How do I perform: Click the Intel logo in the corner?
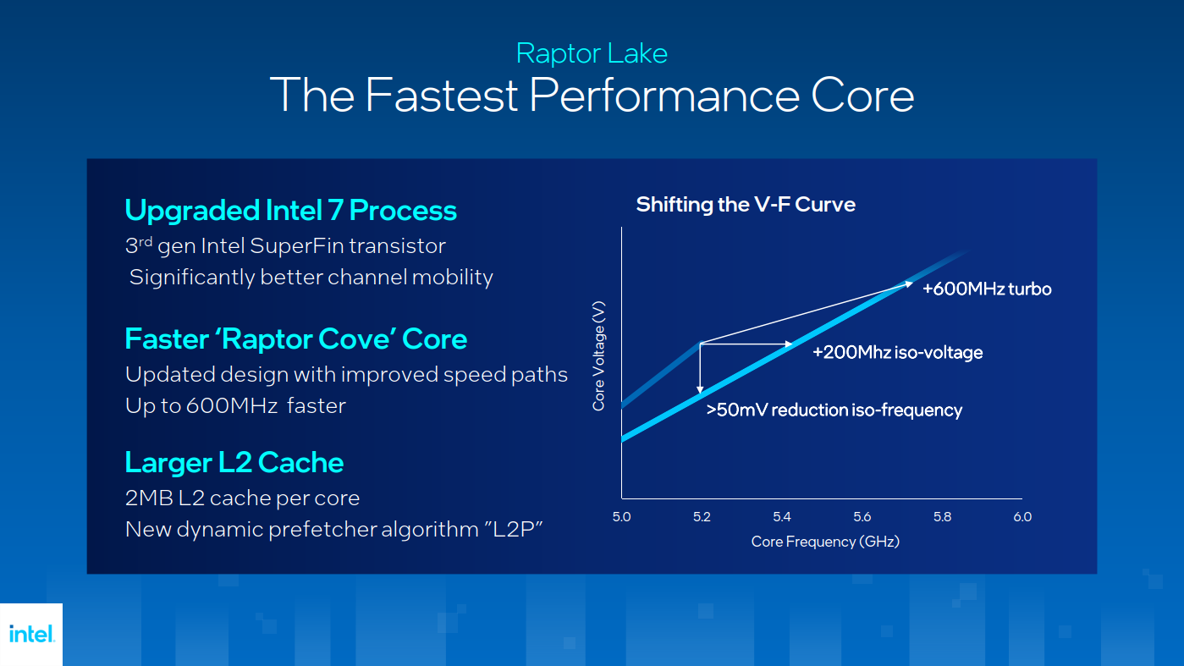coord(31,634)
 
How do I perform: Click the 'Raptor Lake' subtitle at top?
coord(592,53)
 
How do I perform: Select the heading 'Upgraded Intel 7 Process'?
coord(290,210)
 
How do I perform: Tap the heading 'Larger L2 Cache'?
coord(234,462)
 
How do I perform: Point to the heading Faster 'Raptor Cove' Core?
coord(295,339)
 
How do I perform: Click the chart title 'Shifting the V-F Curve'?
coord(745,204)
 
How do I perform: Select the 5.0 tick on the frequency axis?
coord(621,517)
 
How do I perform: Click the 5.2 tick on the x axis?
coord(702,517)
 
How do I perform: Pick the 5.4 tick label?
coord(781,517)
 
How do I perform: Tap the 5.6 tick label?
coord(862,517)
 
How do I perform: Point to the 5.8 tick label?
coord(942,517)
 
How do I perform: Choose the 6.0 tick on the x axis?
coord(1022,517)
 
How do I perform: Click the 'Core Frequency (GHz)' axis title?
coord(824,542)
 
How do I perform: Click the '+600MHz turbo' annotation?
coord(986,289)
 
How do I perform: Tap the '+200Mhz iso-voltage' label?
coord(897,352)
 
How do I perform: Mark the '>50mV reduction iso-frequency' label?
coord(834,410)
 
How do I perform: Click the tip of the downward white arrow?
coord(700,394)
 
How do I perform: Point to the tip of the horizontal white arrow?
coord(792,344)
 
